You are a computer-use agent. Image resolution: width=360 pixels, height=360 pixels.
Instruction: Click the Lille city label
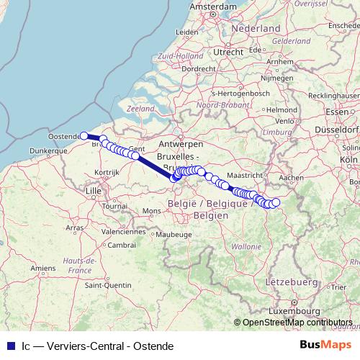point(93,190)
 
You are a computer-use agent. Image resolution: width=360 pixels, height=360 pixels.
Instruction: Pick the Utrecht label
point(228,52)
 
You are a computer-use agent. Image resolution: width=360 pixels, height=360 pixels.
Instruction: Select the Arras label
point(75,227)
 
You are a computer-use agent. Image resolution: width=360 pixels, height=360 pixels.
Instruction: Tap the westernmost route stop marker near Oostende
point(84,135)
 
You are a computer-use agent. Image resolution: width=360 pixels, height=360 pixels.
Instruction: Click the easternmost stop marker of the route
point(276,202)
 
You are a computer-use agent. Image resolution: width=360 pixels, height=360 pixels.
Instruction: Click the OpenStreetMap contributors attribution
point(297,323)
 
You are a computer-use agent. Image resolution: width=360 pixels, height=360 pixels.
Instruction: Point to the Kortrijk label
point(105,172)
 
